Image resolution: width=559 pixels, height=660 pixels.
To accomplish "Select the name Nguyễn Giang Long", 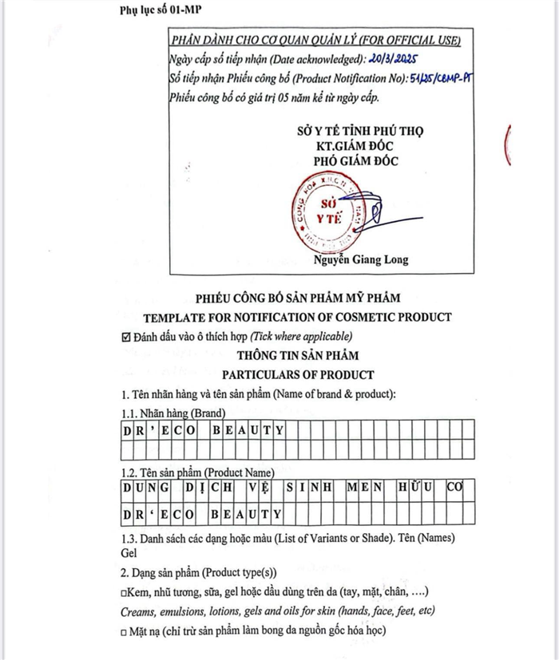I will pos(361,260).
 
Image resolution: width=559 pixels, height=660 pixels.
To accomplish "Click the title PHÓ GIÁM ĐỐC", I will pos(356,160).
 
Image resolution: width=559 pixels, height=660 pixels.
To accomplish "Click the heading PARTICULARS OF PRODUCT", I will pos(298,374).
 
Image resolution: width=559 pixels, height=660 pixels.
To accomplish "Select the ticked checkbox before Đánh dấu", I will pos(125,337).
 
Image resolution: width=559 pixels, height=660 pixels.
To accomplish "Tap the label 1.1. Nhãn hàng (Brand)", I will pos(172,413).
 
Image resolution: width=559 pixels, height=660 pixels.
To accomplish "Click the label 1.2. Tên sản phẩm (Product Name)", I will pos(198,472).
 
